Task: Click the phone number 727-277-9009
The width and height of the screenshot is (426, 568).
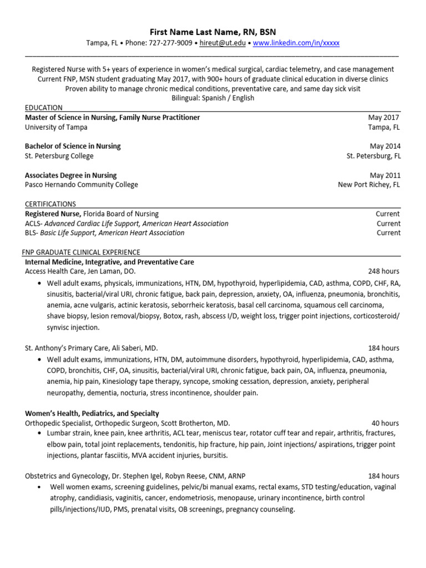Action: coord(171,43)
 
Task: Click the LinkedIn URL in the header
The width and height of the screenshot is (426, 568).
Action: coord(296,43)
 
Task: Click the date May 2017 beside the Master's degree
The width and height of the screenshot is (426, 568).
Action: coord(383,118)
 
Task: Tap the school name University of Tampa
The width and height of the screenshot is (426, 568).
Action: coord(56,127)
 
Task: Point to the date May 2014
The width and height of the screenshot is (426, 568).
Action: coord(385,146)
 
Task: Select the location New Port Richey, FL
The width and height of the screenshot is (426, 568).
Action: coord(368,185)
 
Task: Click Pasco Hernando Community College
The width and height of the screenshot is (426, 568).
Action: coord(82,185)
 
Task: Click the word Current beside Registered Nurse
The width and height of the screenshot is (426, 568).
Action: coord(388,214)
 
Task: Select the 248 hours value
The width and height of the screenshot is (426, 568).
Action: coord(383,271)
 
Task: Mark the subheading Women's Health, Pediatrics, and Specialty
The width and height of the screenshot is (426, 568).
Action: coord(92,413)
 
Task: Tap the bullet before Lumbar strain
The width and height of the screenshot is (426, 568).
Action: coord(39,433)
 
